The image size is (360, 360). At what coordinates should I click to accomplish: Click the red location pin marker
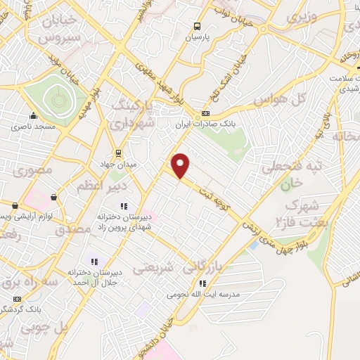point(181,165)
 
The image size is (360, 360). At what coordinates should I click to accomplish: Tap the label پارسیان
point(198,37)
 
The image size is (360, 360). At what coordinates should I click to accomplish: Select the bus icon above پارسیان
point(198,27)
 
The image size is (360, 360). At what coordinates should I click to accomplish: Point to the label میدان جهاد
point(118,164)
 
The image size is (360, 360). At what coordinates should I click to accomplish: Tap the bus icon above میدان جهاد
point(118,153)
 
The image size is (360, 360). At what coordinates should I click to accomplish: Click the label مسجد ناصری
point(32,127)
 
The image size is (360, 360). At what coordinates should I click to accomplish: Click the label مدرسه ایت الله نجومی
point(202,294)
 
